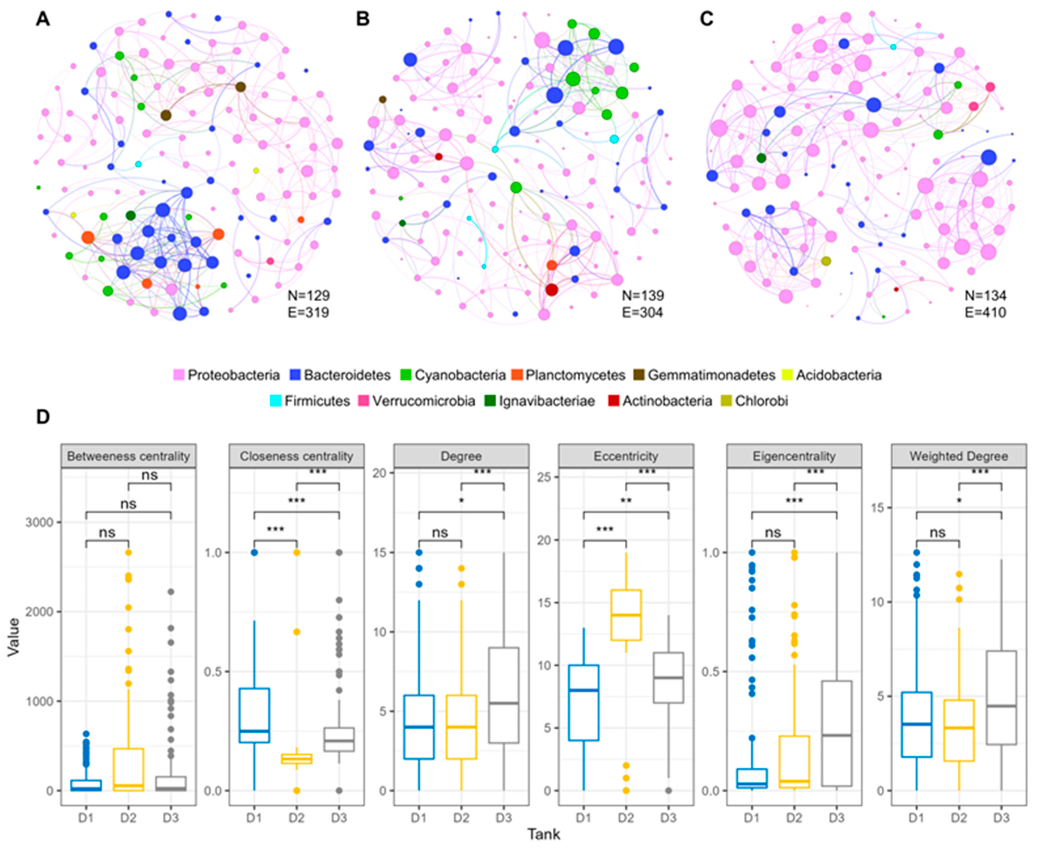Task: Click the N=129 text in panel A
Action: (308, 296)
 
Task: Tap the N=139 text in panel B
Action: (643, 296)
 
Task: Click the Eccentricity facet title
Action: (626, 456)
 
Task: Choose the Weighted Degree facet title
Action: (959, 456)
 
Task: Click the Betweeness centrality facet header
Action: (129, 456)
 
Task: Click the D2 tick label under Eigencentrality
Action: (794, 818)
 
